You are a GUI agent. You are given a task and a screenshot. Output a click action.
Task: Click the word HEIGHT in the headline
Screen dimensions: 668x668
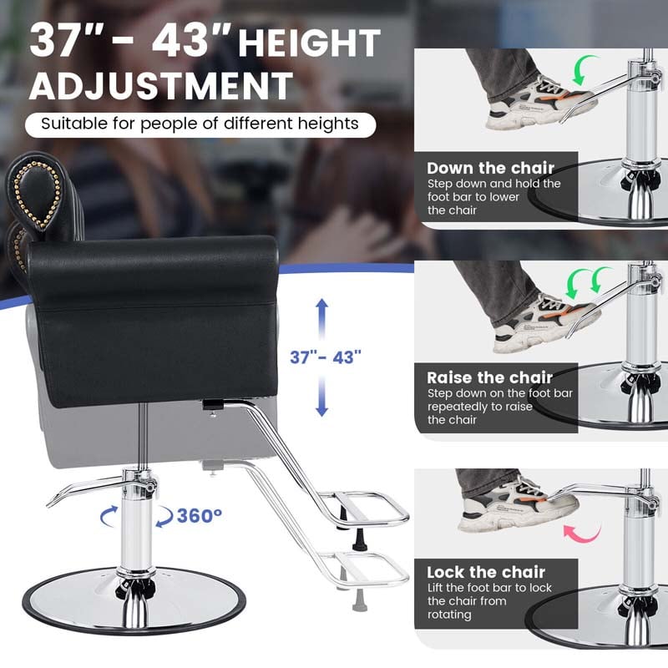click(309, 43)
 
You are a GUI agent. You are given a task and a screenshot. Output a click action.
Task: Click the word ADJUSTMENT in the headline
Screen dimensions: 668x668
click(161, 86)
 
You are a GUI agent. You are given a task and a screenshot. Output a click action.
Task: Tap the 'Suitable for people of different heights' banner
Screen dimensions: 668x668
click(200, 124)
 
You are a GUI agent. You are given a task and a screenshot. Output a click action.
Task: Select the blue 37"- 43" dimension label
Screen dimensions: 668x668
click(326, 357)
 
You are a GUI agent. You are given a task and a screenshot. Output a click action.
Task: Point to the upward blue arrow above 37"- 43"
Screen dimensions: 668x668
click(322, 320)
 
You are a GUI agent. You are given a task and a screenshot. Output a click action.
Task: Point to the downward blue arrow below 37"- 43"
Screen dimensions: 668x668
click(322, 396)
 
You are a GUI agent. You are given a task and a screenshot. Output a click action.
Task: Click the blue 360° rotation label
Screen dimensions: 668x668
click(199, 515)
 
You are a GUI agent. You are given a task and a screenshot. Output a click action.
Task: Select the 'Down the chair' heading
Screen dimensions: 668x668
click(490, 169)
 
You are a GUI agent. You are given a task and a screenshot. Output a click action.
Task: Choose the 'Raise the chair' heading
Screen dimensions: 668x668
click(489, 378)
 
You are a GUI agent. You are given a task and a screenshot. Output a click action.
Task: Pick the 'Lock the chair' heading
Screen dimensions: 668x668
click(486, 572)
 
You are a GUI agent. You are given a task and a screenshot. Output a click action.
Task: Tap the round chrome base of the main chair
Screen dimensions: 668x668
click(134, 601)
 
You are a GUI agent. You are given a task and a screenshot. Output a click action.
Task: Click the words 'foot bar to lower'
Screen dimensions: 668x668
click(473, 197)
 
